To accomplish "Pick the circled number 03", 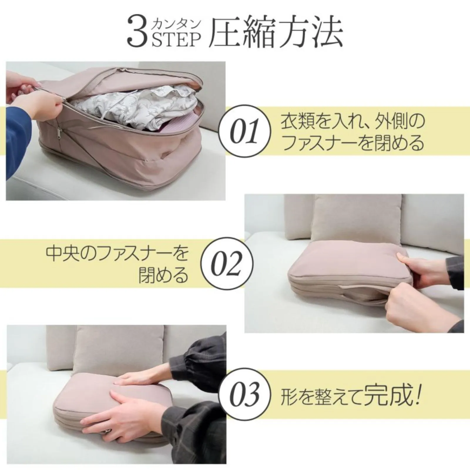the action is [x=245, y=393].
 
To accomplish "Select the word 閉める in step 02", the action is [x=163, y=275].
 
